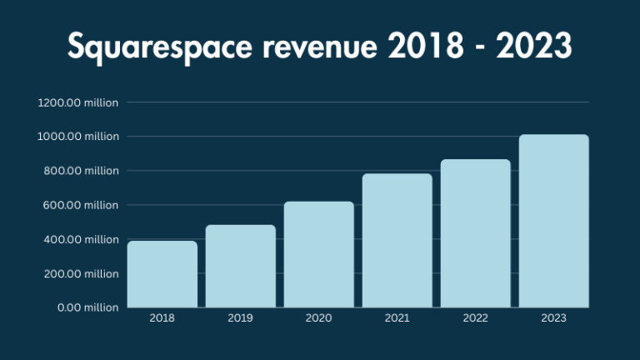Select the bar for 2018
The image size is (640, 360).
(162, 274)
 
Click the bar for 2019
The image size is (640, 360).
(241, 266)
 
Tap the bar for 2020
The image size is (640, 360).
(319, 254)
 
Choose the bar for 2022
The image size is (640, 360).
(476, 233)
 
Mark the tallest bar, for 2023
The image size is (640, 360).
(554, 221)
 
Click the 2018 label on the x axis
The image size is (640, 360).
(162, 317)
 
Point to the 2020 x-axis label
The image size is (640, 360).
(319, 317)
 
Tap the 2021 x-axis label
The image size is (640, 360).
(397, 317)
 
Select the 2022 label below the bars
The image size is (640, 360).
(476, 317)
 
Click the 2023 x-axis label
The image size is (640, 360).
(554, 317)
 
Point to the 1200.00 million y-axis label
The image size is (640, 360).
(78, 102)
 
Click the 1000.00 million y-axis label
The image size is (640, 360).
(78, 137)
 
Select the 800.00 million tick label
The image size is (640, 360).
(81, 171)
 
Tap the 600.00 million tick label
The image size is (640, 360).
(81, 205)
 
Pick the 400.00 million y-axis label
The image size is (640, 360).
(81, 239)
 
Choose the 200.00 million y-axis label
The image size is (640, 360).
(81, 273)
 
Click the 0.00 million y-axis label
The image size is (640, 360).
(87, 307)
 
